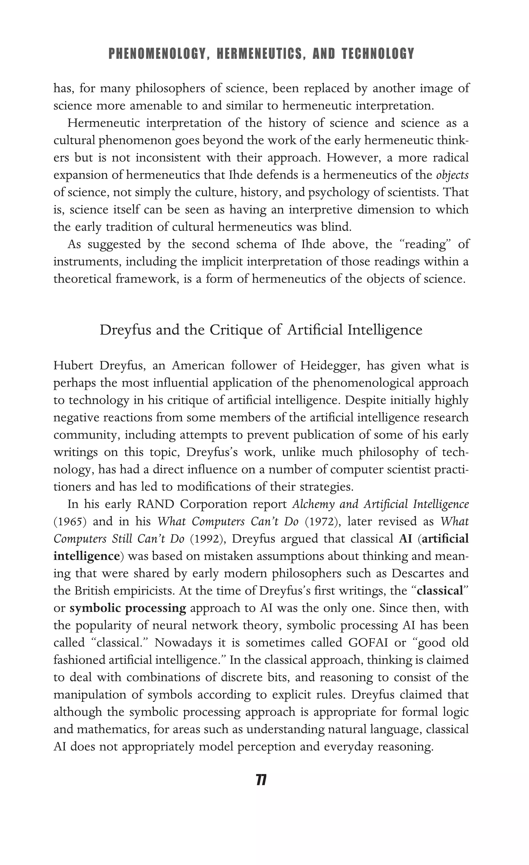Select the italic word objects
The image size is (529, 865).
pyautogui.click(x=452, y=175)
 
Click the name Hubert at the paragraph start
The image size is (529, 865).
pyautogui.click(x=74, y=366)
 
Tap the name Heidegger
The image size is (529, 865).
pyautogui.click(x=330, y=366)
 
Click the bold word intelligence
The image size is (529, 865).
pyautogui.click(x=86, y=556)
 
